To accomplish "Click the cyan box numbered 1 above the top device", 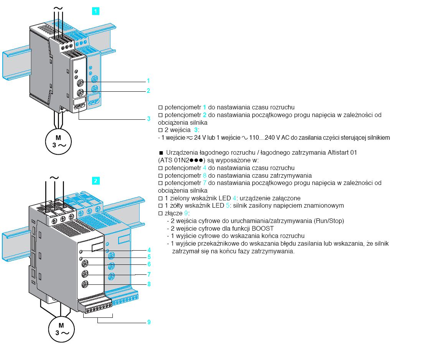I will tap(96, 11).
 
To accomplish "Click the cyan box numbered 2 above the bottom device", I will tap(96, 180).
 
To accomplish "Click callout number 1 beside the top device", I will tap(148, 81).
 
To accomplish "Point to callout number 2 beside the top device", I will tap(148, 91).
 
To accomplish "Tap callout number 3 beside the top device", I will tap(148, 119).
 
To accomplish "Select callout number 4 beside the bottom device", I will tap(149, 250).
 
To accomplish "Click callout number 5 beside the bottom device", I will tap(149, 257).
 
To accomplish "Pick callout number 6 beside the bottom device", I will tap(149, 264).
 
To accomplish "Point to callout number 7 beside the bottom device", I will tap(149, 274).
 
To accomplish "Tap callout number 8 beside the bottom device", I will tap(149, 284).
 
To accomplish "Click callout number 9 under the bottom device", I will tap(149, 322).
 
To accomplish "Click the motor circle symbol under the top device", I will tap(58, 141).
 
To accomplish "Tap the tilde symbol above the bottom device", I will tap(55, 178).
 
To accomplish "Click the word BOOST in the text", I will tap(262, 228).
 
